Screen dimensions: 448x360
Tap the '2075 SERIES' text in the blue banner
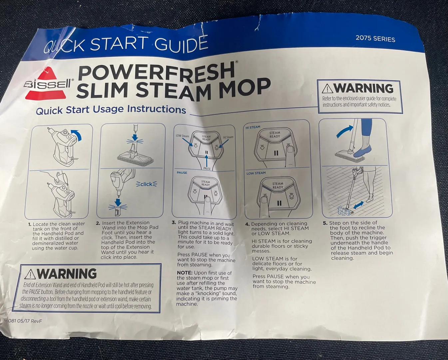(375, 39)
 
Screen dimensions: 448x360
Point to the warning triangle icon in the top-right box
(328, 89)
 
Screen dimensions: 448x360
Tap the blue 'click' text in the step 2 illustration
(146, 184)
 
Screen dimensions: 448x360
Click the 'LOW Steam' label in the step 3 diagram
(183, 136)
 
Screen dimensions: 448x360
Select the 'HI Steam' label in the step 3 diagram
(228, 137)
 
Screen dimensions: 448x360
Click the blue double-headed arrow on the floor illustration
(358, 205)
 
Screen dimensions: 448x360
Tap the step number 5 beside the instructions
(325, 223)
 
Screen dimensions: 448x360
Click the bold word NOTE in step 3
(185, 273)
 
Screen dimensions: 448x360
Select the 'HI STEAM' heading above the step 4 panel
(253, 127)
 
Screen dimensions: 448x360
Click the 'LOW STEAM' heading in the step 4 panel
(256, 173)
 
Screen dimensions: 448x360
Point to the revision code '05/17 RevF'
(30, 321)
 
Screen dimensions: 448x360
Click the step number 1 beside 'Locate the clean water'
(30, 225)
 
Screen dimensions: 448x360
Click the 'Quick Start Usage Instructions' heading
(111, 109)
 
